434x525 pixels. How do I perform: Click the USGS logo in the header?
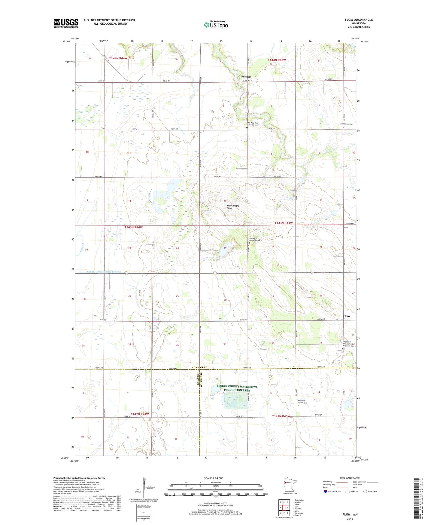66,23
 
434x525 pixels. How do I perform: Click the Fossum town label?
246,77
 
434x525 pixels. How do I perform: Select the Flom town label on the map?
346,316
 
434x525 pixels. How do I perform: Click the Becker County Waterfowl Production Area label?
237,388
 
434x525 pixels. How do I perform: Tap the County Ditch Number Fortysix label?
104,272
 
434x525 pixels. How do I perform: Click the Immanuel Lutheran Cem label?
255,239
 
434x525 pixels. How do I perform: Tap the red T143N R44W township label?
133,227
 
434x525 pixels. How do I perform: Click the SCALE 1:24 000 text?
214,478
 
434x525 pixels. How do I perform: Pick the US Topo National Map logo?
216,25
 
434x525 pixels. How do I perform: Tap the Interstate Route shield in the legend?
326,491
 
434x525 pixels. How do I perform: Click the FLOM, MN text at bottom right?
350,514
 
